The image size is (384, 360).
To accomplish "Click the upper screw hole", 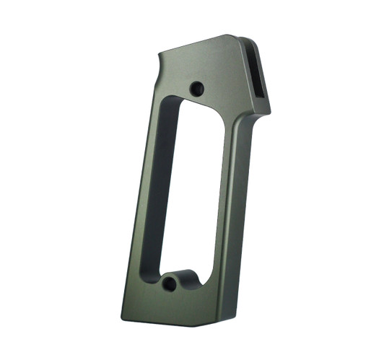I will click(x=196, y=89).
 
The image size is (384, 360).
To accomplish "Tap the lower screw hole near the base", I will click(x=170, y=284).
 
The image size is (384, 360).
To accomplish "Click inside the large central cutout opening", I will click(x=192, y=195).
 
